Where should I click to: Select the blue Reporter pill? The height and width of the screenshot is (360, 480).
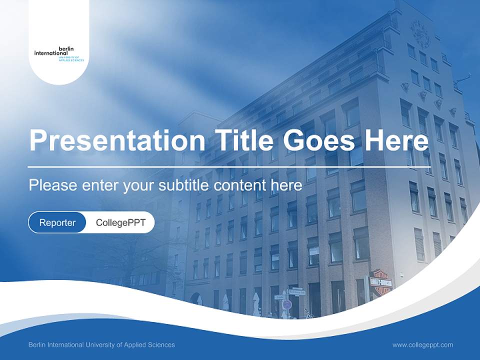coord(57,222)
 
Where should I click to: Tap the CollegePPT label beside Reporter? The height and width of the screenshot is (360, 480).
coord(120,222)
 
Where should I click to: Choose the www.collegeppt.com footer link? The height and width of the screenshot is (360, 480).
coord(422,345)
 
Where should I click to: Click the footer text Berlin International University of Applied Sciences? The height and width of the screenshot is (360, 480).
coord(101,345)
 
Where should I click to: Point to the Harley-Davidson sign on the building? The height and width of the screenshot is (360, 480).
coord(380,282)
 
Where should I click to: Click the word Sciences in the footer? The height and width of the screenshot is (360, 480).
coord(160,345)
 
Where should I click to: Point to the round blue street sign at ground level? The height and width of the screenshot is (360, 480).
coord(286,304)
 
